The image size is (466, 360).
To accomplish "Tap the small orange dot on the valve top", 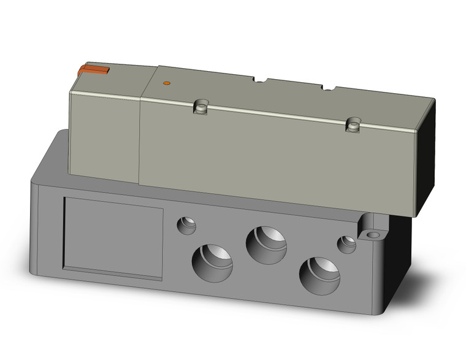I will pos(166,82).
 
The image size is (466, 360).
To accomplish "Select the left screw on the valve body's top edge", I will pos(199,107).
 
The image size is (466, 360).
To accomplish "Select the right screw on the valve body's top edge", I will pos(351,124).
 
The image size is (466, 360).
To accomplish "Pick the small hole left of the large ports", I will pos(186,225).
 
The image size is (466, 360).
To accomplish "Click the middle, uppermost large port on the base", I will pos(267,244).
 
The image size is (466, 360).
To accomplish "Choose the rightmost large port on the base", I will pos(320,274).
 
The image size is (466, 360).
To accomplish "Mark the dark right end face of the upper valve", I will pos(427,159).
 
